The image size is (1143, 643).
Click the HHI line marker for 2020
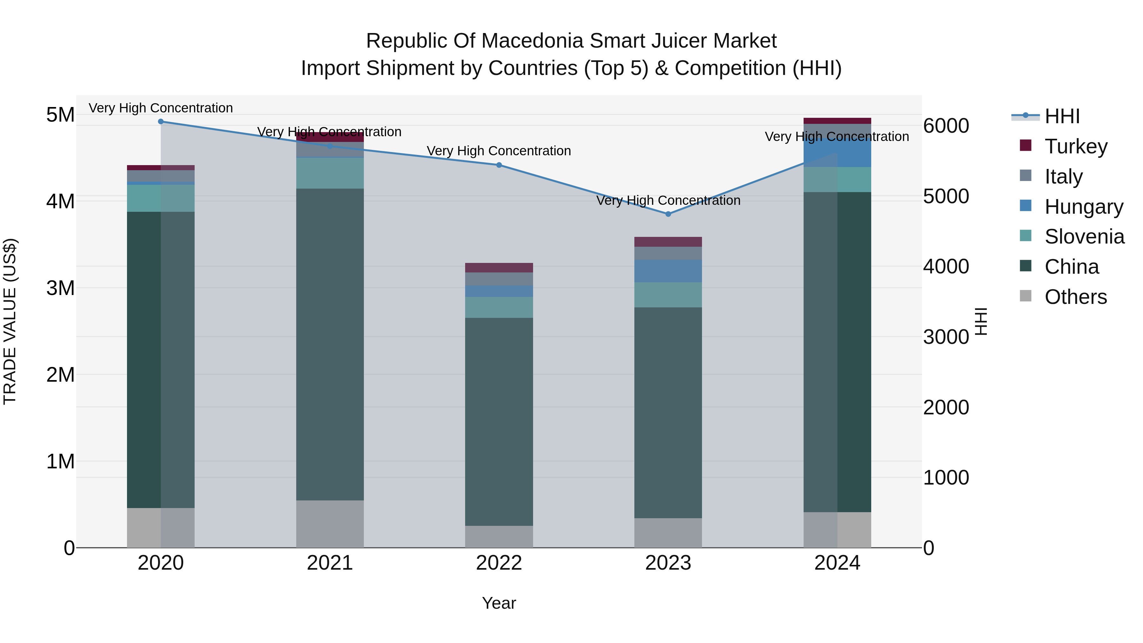[x=161, y=122]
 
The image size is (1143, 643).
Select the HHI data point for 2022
[x=499, y=165]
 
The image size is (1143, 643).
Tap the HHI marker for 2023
[x=668, y=214]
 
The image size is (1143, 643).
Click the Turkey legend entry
[x=1076, y=146]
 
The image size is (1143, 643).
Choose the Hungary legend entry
[x=1083, y=206]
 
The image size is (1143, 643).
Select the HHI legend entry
[x=1062, y=116]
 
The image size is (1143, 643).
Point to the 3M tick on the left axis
[x=60, y=288]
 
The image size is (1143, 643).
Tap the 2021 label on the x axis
[x=330, y=563]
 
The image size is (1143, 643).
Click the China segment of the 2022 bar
[x=499, y=422]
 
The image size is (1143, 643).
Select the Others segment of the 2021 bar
[x=330, y=524]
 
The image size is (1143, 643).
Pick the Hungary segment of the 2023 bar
[x=668, y=271]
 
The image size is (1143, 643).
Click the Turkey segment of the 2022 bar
[x=499, y=268]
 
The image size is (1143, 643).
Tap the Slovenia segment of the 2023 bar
[x=668, y=295]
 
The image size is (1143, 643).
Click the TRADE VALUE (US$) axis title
[x=10, y=321]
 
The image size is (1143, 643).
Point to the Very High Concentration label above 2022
[x=499, y=151]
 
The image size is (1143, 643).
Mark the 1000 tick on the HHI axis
[x=946, y=478]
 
